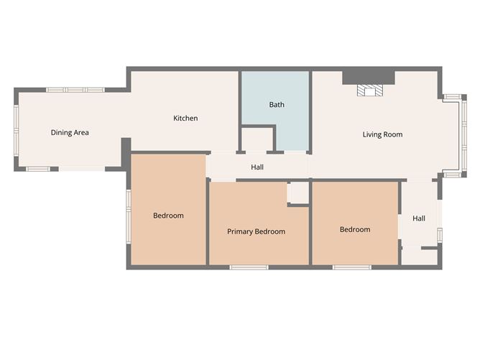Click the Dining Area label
tap(70, 132)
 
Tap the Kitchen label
tap(185, 118)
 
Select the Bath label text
tap(277, 104)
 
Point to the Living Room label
tap(382, 134)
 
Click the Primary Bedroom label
tap(256, 231)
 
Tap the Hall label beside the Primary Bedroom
tap(257, 167)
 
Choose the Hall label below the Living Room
tap(419, 218)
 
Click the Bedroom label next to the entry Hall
tap(355, 229)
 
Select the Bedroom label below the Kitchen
tap(168, 216)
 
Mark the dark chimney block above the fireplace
tap(369, 76)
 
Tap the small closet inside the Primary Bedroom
tap(298, 193)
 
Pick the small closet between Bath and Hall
tap(257, 139)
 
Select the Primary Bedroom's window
tap(249, 267)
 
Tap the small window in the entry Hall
tap(440, 235)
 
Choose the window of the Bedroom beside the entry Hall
tap(352, 267)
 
